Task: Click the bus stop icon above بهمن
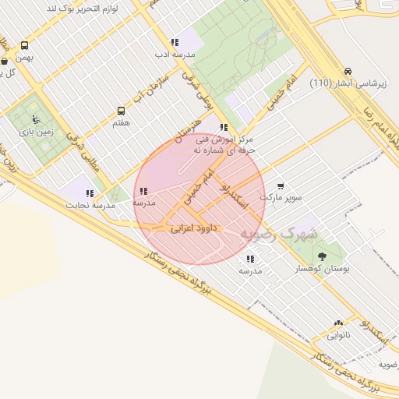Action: [x=25, y=45]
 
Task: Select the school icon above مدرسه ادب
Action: [x=174, y=42]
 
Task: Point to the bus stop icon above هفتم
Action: [x=121, y=111]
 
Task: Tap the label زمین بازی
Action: [x=36, y=132]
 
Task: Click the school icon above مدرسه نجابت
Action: [x=90, y=192]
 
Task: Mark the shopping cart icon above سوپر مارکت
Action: [x=281, y=186]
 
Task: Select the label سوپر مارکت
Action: [x=281, y=198]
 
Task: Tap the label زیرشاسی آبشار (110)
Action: [x=344, y=83]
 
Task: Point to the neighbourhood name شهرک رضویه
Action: [x=279, y=233]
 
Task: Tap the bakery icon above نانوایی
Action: [x=338, y=322]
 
